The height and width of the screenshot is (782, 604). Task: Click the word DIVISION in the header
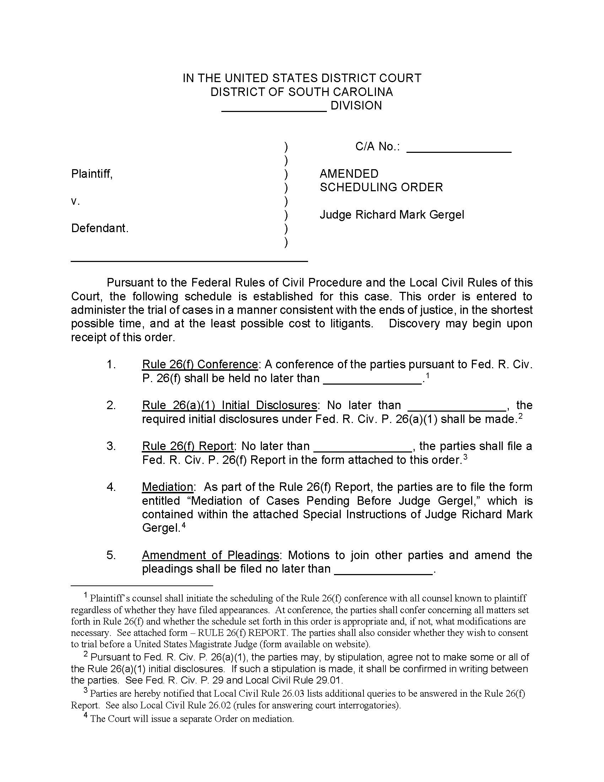356,106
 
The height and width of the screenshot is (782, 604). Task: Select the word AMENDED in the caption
349,174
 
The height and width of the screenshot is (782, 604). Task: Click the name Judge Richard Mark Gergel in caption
392,215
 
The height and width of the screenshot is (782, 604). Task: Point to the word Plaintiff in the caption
92,174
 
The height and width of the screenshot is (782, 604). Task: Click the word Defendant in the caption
99,228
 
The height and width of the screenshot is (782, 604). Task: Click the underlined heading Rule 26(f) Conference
200,364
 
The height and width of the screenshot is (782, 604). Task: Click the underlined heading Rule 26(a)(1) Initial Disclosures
230,405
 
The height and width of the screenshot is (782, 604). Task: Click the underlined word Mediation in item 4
167,487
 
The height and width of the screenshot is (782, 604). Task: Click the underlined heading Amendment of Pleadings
210,555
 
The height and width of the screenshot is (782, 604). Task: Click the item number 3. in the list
111,446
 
